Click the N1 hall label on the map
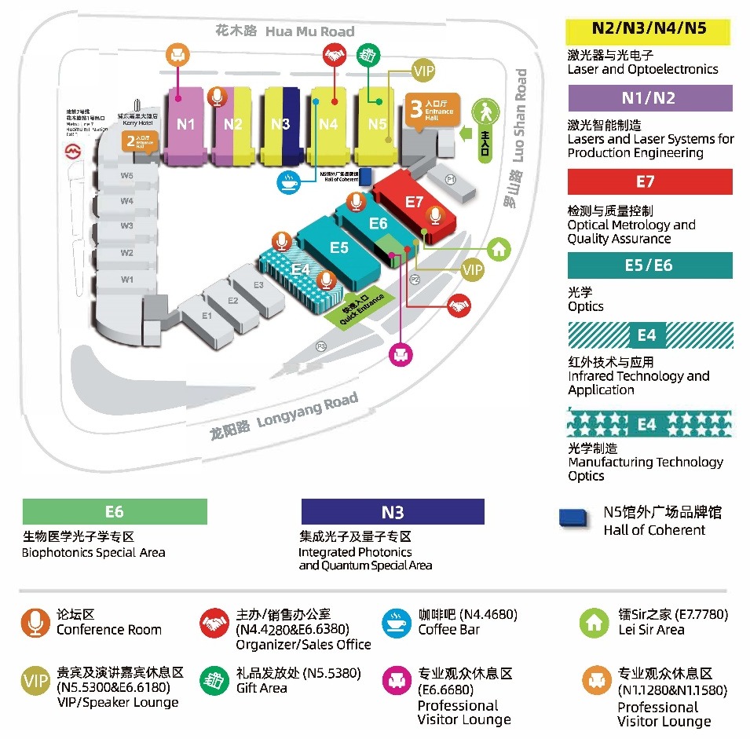coord(185,123)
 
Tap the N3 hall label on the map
coord(280,124)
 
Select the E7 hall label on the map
coord(414,202)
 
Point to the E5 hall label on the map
coord(338,247)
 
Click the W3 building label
coord(126,226)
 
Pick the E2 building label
coord(232,300)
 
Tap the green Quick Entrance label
coord(353,310)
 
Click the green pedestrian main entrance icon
coord(486,114)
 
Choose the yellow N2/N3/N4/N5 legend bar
coord(649,30)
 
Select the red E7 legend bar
coord(649,181)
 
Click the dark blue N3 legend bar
coord(393,512)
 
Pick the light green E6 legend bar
coord(115,512)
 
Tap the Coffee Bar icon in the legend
coord(395,623)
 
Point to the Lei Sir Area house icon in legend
coord(595,623)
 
